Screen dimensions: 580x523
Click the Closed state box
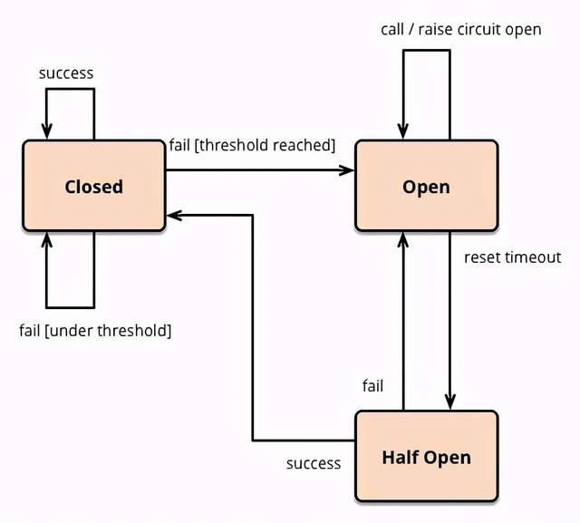coord(94,186)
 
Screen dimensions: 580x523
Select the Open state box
coord(427,186)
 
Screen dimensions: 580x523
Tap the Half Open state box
coord(427,456)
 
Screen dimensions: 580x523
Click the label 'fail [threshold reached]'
coord(252,145)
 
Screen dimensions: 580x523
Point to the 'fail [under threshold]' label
coord(95,330)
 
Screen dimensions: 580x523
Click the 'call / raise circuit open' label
coord(461,30)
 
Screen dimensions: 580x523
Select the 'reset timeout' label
coord(512,257)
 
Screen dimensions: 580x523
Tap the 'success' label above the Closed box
coord(66,73)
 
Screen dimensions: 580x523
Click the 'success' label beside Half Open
coord(314,463)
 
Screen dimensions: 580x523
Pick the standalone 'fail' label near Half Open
coord(372,386)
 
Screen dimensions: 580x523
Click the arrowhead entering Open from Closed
coord(347,170)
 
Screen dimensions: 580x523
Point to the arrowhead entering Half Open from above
coord(450,402)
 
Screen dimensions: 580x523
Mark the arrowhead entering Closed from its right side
coord(174,215)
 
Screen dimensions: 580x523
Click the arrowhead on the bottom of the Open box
coord(403,239)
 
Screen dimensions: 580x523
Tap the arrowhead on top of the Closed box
coord(46,131)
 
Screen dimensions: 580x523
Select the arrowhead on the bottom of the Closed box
coord(46,239)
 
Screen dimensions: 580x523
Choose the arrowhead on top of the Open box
coord(403,131)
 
